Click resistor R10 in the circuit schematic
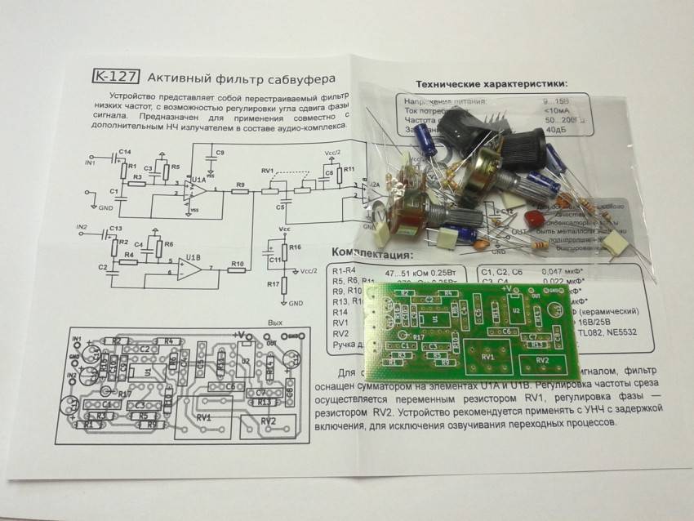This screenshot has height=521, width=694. (236, 271)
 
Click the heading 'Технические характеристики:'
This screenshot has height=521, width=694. (491, 83)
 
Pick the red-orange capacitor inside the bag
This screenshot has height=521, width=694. (534, 218)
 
